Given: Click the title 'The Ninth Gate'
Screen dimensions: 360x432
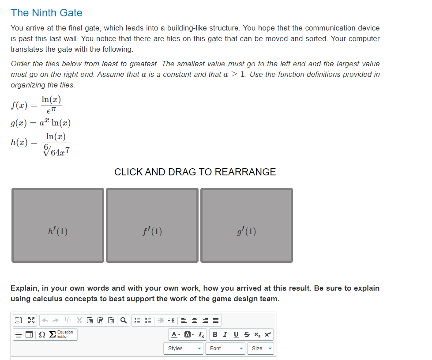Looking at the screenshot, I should [46, 13].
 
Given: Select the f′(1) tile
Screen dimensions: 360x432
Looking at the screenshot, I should [152, 225].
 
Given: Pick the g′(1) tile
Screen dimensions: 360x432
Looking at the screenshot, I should [247, 225].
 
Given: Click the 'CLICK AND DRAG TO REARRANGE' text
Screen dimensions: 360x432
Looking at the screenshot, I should [195, 172].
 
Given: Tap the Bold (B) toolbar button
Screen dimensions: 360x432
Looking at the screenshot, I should [215, 334].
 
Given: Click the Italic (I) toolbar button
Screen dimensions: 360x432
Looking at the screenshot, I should [225, 334].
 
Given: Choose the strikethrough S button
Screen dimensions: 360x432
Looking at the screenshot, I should [245, 334].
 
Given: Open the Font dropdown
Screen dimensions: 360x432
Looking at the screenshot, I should [226, 349].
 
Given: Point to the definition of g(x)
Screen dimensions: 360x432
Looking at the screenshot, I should [40, 122].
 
